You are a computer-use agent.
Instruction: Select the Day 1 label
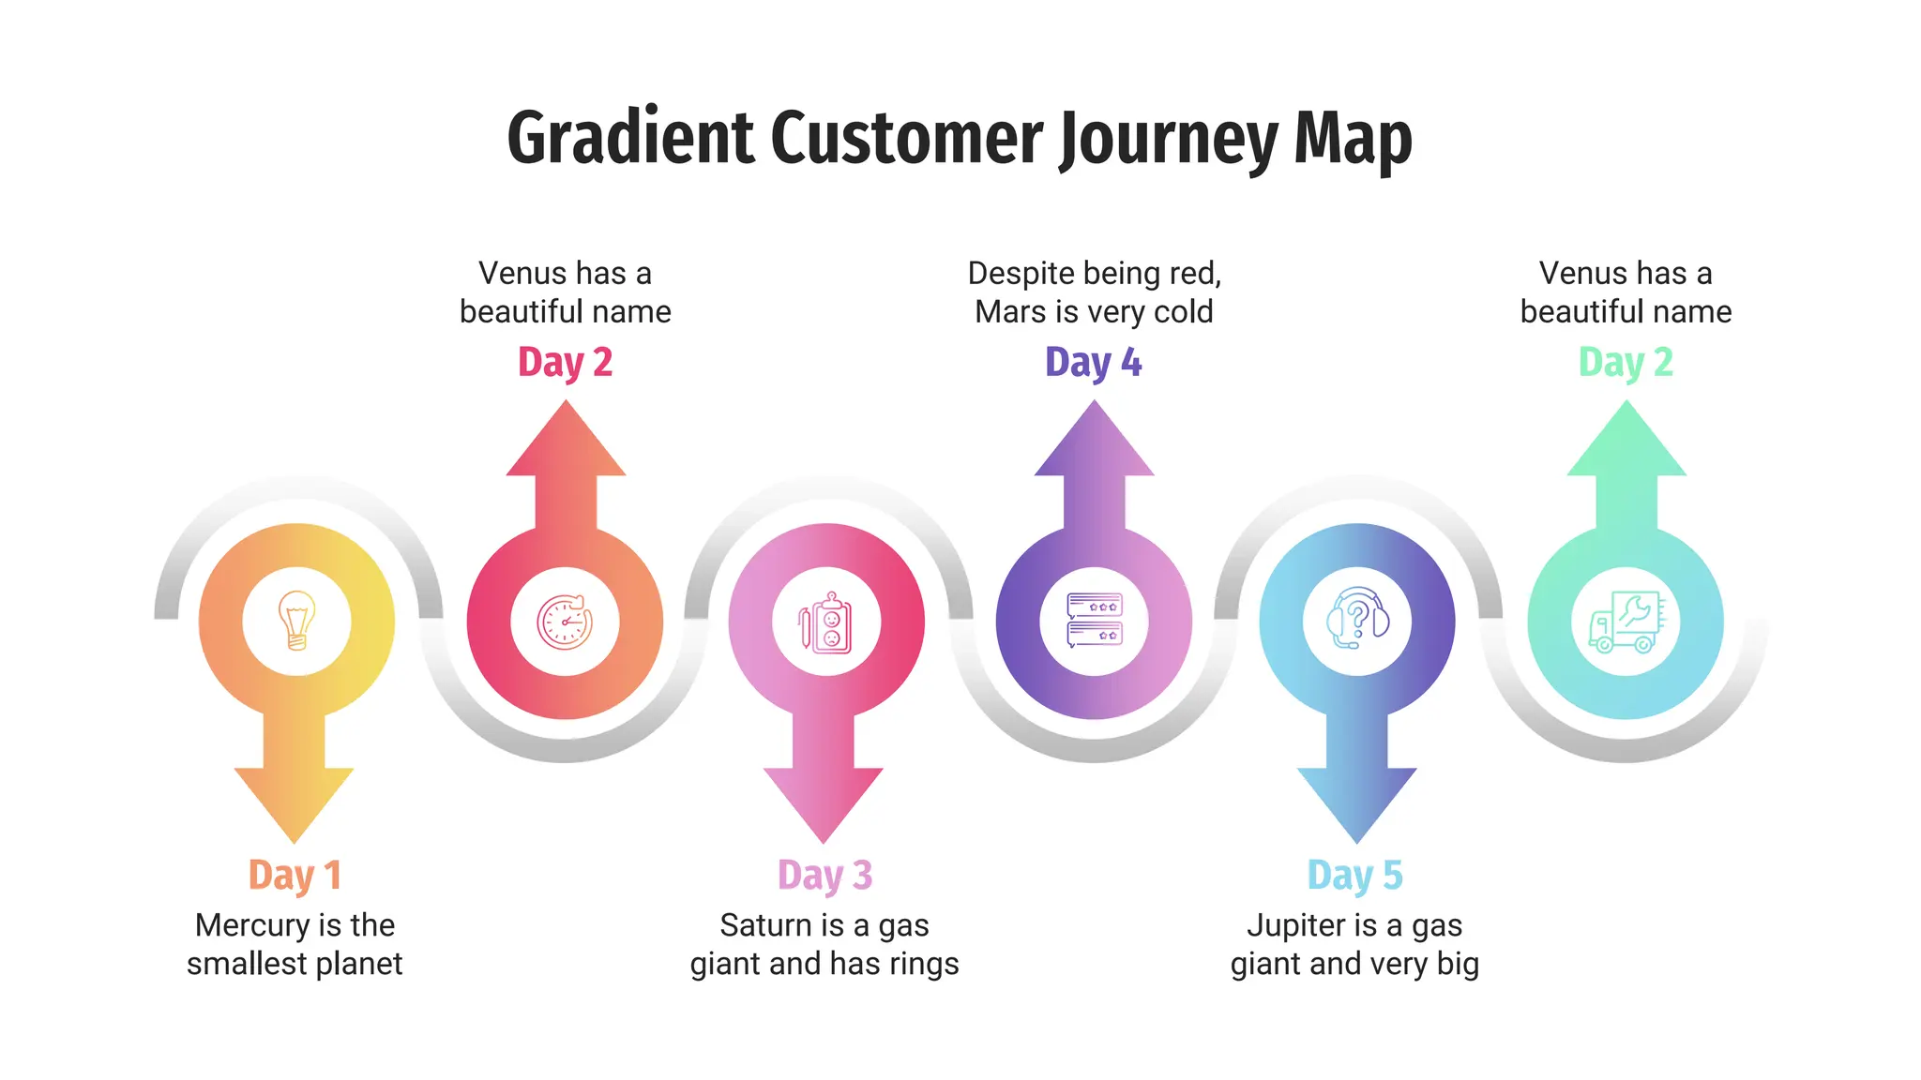295,875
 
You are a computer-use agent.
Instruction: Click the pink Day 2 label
565,363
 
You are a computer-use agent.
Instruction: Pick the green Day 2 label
1626,363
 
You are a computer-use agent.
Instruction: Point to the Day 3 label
824,875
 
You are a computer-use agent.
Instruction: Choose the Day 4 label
1093,363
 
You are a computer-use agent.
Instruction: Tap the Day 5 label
1354,875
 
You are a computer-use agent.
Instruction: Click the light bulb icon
296,621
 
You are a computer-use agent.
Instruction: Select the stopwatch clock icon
565,622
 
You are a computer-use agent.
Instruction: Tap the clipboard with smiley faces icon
825,622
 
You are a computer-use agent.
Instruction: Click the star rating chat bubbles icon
1094,621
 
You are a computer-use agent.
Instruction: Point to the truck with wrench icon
1625,622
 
